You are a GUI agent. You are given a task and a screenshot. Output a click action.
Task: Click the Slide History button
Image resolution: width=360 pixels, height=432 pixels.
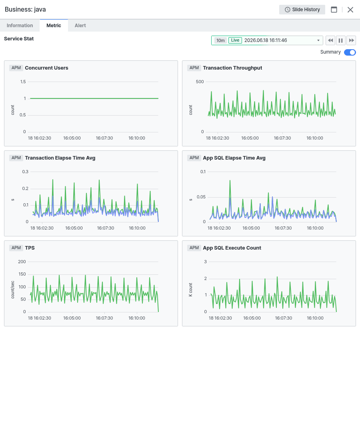tap(302, 10)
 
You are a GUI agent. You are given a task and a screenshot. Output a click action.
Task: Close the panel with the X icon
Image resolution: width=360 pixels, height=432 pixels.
tap(350, 10)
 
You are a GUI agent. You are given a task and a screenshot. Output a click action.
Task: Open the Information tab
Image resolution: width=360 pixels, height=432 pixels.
tap(20, 25)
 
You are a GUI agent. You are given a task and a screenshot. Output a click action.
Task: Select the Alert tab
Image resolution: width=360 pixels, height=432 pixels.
tap(80, 25)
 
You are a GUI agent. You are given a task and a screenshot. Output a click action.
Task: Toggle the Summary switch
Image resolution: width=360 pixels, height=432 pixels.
tap(350, 52)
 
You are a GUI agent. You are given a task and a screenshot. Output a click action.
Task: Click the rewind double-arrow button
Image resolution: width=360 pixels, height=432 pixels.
tap(330, 40)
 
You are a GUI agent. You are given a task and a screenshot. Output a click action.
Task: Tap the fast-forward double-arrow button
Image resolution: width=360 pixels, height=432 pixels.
tap(351, 40)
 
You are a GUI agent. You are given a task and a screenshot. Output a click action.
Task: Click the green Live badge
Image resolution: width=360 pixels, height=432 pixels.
tap(235, 40)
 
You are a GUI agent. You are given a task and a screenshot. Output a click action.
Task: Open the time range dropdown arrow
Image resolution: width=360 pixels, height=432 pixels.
tap(318, 40)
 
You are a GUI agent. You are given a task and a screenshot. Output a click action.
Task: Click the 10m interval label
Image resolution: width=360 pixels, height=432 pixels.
tap(220, 40)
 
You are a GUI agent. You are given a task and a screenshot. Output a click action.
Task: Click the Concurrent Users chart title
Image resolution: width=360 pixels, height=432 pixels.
tap(46, 68)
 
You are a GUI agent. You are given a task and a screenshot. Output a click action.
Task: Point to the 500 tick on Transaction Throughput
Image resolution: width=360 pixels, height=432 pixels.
tap(200, 82)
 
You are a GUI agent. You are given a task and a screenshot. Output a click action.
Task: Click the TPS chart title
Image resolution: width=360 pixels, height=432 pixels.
tap(30, 248)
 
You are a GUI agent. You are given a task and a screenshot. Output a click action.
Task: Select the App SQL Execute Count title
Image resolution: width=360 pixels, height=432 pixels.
tap(232, 248)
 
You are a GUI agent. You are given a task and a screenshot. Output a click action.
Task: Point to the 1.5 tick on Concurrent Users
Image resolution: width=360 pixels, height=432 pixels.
tap(23, 82)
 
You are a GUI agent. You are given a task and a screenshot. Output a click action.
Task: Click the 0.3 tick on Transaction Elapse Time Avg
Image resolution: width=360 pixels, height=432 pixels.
tap(25, 172)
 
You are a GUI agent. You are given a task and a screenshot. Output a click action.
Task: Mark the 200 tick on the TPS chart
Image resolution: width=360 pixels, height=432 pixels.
tap(22, 262)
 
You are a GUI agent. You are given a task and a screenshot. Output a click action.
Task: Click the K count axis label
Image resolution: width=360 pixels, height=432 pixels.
tap(191, 290)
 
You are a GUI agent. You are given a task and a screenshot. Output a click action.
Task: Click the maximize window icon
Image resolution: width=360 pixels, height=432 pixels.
tap(334, 10)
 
